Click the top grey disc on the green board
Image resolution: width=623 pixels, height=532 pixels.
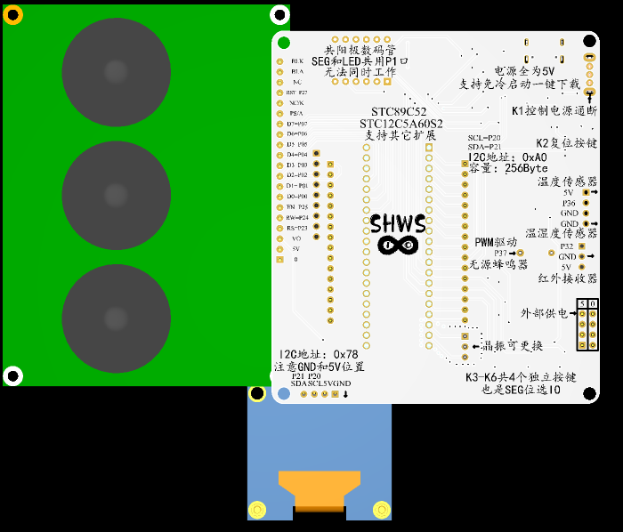[115, 71]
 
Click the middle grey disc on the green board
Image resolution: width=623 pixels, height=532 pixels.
[115, 195]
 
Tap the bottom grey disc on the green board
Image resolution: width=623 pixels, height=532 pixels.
[115, 318]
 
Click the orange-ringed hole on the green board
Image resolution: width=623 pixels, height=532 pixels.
[13, 14]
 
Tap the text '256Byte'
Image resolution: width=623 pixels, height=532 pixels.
[527, 168]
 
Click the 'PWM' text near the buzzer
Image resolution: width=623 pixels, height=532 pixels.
[483, 242]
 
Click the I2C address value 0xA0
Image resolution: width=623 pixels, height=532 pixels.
[529, 157]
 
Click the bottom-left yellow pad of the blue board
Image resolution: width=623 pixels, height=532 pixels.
[257, 510]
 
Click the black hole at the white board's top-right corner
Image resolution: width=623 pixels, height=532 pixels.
[590, 40]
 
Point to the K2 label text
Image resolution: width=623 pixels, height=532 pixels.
[542, 142]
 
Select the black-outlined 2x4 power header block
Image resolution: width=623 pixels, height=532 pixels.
[587, 325]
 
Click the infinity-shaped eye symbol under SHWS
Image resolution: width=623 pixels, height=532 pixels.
[398, 245]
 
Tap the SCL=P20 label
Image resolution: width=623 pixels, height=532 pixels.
[484, 138]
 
